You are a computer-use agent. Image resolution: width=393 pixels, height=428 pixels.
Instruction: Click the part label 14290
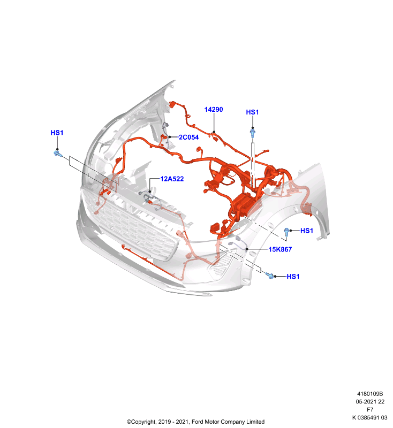[x=214, y=110]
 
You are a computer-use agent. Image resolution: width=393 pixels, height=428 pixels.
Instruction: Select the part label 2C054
[x=188, y=137]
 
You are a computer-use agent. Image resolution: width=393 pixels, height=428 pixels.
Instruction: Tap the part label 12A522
[x=172, y=179]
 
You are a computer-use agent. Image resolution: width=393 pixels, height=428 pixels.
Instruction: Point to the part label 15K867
[x=280, y=249]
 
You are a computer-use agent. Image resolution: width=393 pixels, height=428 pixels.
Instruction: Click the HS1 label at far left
[x=57, y=133]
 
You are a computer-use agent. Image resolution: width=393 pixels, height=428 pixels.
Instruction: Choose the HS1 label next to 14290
[x=252, y=112]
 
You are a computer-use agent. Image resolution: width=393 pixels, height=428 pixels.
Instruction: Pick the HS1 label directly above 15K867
[x=307, y=231]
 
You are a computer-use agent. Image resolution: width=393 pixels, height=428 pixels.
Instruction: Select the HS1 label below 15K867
[x=293, y=277]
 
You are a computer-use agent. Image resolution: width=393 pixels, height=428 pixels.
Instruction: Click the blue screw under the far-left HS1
[x=58, y=154]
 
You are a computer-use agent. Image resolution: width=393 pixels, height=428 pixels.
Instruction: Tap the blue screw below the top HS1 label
[x=253, y=133]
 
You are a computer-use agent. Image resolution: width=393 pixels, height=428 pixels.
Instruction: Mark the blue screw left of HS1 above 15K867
[x=286, y=232]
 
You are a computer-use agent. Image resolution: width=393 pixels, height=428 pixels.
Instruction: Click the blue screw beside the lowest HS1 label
[x=270, y=276]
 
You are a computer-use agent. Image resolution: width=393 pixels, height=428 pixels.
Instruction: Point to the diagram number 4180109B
[x=370, y=394]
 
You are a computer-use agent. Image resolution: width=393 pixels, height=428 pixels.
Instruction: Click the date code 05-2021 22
[x=370, y=402]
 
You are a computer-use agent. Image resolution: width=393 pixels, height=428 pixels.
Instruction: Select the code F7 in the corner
[x=370, y=410]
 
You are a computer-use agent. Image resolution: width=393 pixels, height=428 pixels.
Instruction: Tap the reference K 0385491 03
[x=370, y=418]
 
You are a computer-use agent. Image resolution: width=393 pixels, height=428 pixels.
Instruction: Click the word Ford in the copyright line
[x=198, y=422]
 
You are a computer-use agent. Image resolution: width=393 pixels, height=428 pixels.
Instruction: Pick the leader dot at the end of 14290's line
[x=214, y=132]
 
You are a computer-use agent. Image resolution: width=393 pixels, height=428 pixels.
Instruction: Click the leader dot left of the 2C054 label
[x=170, y=137]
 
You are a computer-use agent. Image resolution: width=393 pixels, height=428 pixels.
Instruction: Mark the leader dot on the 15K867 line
[x=247, y=249]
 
